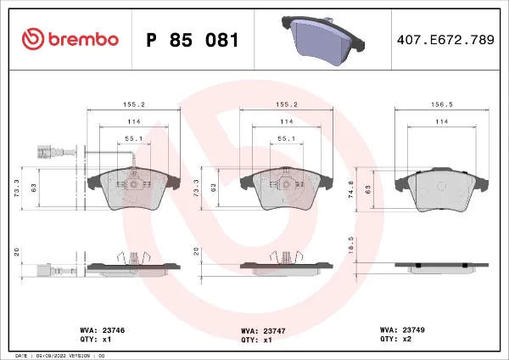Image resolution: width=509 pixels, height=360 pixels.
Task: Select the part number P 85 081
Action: (193, 40)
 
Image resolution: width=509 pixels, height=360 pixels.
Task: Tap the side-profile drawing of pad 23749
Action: (439, 266)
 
